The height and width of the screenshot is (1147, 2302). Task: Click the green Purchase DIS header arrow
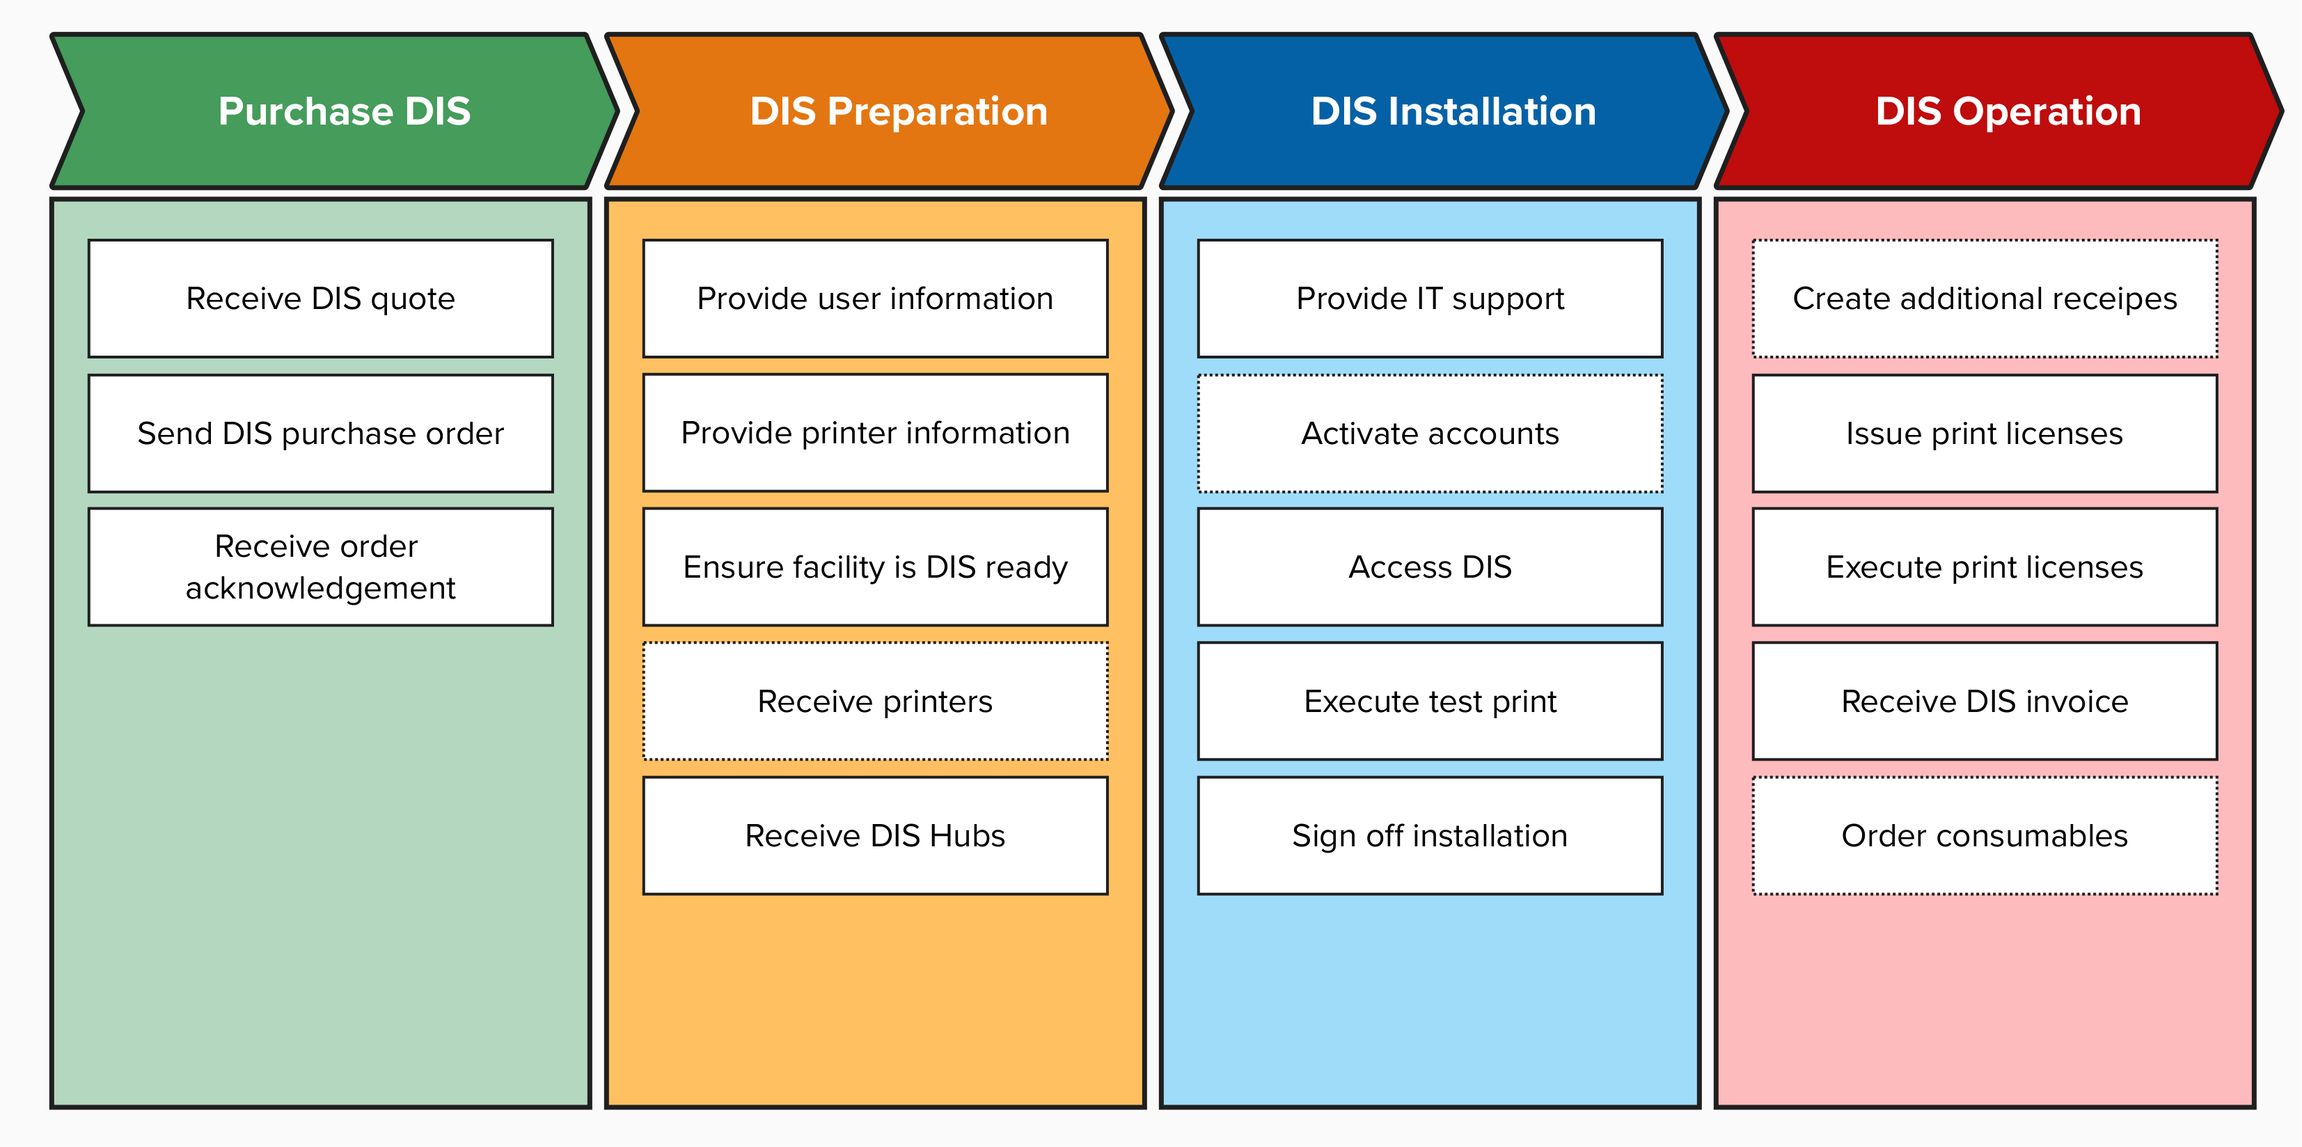pos(343,111)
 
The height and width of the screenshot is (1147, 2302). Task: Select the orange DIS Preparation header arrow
pos(897,111)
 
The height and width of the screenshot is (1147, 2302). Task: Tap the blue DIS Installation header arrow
pos(1452,111)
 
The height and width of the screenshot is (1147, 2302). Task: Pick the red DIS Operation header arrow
pos(2007,111)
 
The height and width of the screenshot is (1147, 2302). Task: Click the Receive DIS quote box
pos(320,299)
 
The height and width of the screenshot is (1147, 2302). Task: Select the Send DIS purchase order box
pos(320,433)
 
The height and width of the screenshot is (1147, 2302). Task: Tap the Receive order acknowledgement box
pos(320,567)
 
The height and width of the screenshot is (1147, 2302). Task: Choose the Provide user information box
pos(875,299)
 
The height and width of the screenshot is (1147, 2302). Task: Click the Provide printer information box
pos(875,433)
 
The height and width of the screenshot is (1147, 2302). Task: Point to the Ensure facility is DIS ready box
pos(875,567)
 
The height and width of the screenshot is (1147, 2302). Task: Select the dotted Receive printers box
pos(875,702)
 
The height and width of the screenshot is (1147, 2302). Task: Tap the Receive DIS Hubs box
pos(875,835)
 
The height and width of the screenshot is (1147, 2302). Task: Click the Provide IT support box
pos(1430,299)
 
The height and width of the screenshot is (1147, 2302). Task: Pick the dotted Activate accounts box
pos(1430,433)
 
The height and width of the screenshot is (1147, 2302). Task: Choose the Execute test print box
pos(1430,702)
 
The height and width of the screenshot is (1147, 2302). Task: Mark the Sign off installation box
pos(1430,835)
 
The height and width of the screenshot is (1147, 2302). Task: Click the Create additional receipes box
pos(1985,299)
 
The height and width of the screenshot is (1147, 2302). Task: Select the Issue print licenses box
pos(1985,433)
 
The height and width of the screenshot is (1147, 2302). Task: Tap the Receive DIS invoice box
pos(1985,702)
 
